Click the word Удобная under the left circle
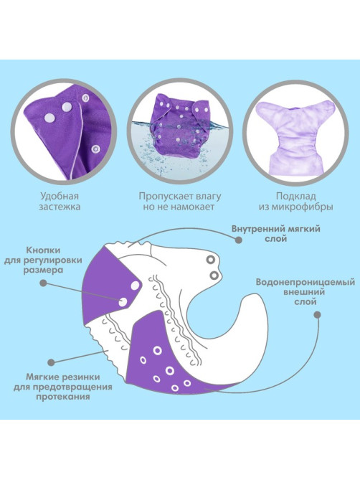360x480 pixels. point(60,196)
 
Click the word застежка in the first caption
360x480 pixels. point(60,207)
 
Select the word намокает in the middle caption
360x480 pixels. point(192,207)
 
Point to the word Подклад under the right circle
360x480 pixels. point(295,196)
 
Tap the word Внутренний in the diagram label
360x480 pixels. point(257,229)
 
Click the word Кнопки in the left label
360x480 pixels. point(43,250)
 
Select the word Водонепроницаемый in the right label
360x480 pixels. point(305,282)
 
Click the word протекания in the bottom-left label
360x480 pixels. point(63,397)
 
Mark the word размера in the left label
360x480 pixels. point(43,270)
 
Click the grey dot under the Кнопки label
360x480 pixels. point(44,283)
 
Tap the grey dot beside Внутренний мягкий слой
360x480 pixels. point(239,240)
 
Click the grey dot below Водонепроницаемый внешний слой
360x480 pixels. point(318,315)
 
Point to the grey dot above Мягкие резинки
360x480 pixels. point(52,362)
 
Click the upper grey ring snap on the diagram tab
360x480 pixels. point(211,260)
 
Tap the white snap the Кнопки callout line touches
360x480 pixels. point(123,302)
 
